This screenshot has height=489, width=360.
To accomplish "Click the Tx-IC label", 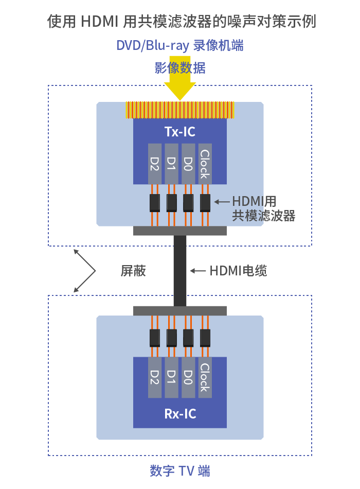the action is tap(180, 132).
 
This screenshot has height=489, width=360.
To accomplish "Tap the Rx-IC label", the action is tap(180, 414).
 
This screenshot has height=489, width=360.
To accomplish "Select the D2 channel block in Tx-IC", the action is tap(155, 164).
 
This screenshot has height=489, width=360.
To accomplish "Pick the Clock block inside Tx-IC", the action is tap(205, 164).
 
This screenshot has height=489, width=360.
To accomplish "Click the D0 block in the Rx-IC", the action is tap(188, 377).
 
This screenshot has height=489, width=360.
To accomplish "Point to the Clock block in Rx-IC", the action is tap(205, 377).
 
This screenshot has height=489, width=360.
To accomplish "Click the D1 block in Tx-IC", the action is tap(171, 164).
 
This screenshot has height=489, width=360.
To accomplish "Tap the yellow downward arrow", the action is tap(180, 78).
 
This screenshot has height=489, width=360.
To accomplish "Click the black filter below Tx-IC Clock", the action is tap(205, 203).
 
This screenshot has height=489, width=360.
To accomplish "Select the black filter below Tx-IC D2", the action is tap(155, 203).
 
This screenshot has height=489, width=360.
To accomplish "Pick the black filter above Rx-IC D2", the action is tap(155, 338).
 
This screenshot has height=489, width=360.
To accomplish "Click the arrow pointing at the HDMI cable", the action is tap(198, 271).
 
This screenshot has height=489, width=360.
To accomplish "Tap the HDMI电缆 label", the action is tap(239, 271).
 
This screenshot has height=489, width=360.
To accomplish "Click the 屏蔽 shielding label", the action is tap(133, 271).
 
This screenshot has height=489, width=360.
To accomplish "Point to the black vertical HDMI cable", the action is tap(180, 271).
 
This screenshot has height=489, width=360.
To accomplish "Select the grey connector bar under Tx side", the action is tap(180, 231).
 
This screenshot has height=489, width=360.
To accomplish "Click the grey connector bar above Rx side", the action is tap(180, 311).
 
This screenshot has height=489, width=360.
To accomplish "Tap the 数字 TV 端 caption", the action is tap(180, 471).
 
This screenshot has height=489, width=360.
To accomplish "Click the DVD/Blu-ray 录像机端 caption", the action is tap(180, 45).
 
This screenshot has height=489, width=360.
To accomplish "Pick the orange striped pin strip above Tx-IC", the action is tap(180, 110).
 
